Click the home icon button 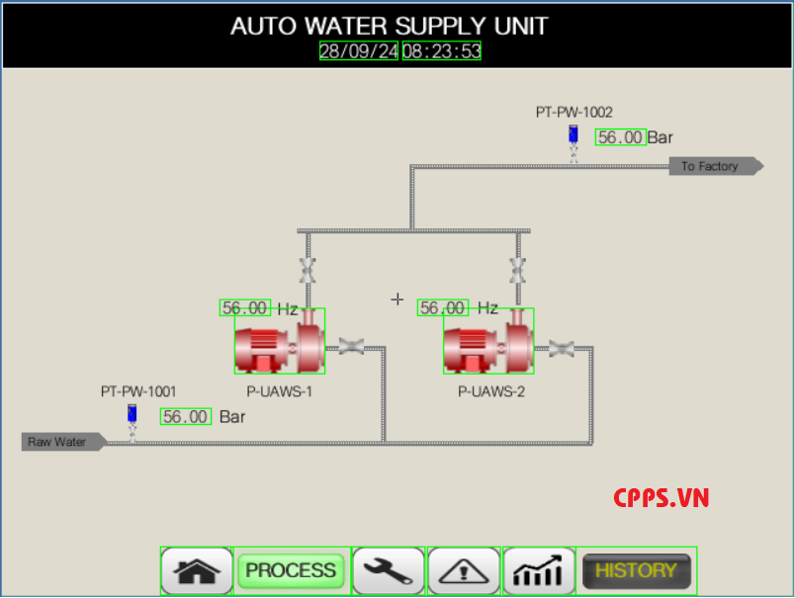(x=197, y=570)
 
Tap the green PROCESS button (x=292, y=570)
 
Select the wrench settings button (x=389, y=570)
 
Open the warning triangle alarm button (x=463, y=570)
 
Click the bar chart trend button (x=539, y=570)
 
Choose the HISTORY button (x=636, y=570)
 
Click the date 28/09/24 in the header (x=358, y=51)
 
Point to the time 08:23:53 (x=441, y=51)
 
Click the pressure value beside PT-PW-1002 (x=621, y=137)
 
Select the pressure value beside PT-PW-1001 (x=186, y=417)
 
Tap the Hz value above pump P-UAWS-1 (x=244, y=308)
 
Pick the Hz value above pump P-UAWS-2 (x=442, y=308)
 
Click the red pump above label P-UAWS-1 (x=279, y=342)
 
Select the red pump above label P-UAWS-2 (x=487, y=342)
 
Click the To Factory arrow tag (x=715, y=166)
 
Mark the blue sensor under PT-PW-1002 (x=573, y=135)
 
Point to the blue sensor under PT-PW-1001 (x=132, y=415)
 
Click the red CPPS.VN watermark (x=661, y=498)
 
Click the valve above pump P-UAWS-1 (x=308, y=269)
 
